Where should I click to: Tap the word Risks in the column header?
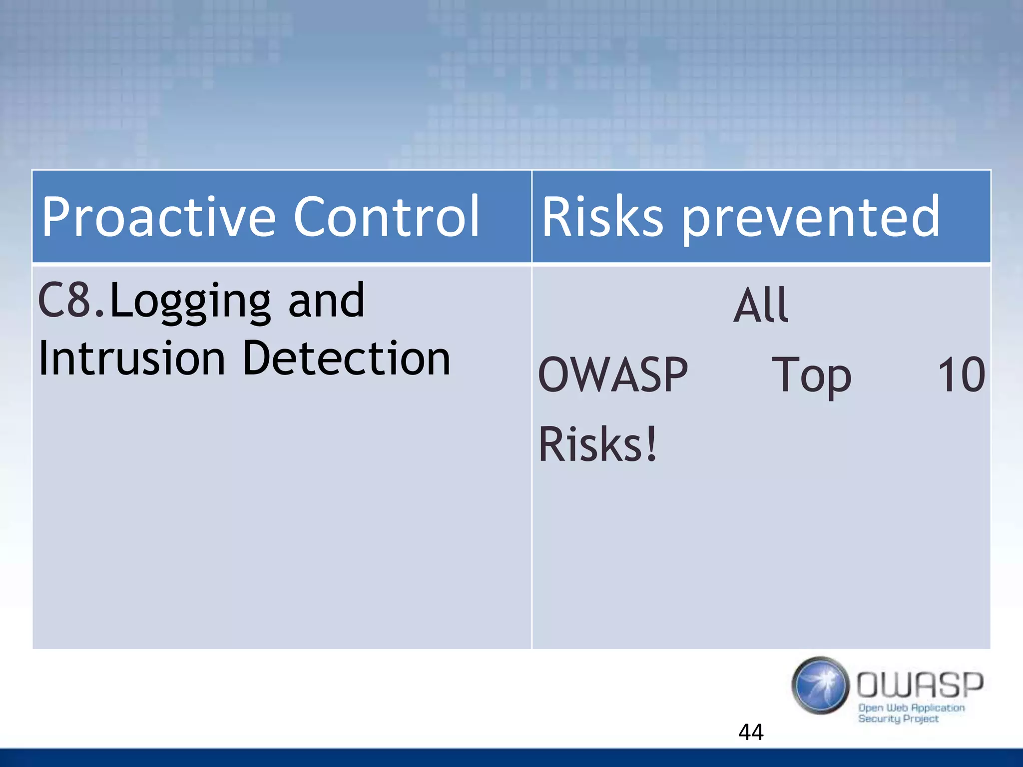[x=602, y=217]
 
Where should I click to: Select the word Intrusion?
[x=132, y=359]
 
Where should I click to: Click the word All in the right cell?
[x=760, y=305]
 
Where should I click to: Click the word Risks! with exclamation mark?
[x=597, y=444]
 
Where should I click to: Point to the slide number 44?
[x=751, y=732]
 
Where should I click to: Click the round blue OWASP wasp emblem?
[x=820, y=685]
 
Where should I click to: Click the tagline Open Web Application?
[x=911, y=708]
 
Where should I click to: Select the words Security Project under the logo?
[x=898, y=719]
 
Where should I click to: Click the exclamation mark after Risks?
[x=651, y=444]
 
